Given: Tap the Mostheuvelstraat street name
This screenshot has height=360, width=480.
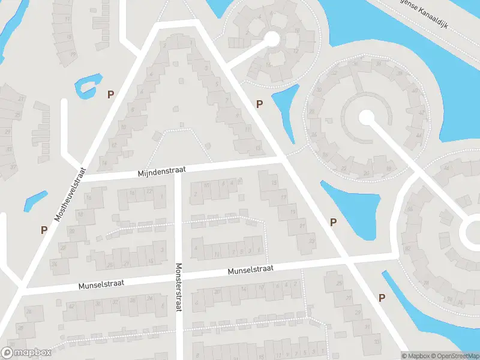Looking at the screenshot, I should (x=70, y=194).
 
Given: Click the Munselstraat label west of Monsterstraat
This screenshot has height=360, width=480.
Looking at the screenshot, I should (x=101, y=284).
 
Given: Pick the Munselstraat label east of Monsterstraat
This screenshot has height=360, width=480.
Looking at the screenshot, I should (x=250, y=271).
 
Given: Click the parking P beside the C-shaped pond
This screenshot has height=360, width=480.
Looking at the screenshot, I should (x=110, y=94).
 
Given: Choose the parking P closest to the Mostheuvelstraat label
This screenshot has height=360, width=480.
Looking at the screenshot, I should (x=44, y=229).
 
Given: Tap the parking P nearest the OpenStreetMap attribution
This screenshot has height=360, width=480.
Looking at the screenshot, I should (x=382, y=298).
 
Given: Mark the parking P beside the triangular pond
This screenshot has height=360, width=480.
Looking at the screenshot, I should (x=334, y=222).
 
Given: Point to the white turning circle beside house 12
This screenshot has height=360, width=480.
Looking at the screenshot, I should (x=272, y=39).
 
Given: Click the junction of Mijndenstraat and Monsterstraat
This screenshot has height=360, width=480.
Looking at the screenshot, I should (x=178, y=172).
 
